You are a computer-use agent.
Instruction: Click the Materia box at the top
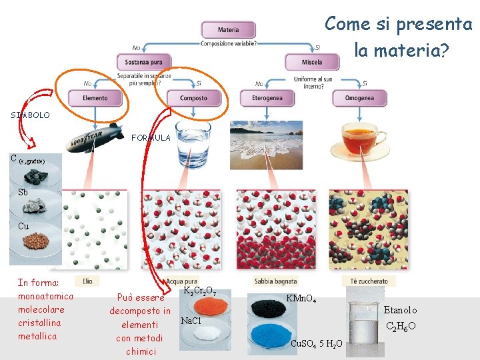click(x=228, y=30)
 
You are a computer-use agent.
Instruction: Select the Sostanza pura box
click(x=143, y=63)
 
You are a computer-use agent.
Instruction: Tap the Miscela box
click(x=311, y=63)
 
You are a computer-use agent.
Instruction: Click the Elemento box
click(x=95, y=98)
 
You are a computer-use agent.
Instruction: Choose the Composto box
click(x=193, y=98)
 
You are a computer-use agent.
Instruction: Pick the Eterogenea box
click(x=267, y=98)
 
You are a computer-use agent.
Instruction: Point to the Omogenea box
click(x=359, y=98)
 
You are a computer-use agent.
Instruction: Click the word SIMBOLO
click(x=30, y=115)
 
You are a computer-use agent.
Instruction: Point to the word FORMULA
click(x=151, y=138)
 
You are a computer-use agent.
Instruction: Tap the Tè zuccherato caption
click(x=369, y=281)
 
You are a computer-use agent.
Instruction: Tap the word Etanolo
click(x=400, y=310)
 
